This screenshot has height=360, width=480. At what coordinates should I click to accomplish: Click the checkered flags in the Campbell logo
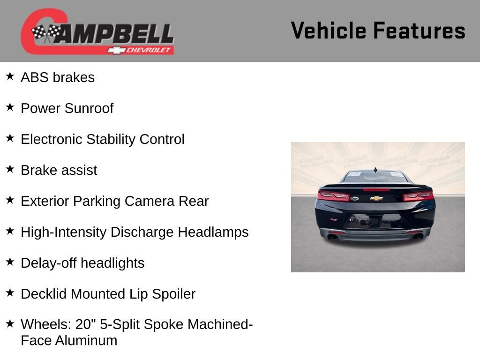click(46, 33)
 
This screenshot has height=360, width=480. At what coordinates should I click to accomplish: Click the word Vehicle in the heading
click(329, 30)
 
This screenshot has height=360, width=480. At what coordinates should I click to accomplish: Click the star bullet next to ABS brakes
click(10, 76)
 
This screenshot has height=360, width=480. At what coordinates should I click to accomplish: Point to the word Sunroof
click(89, 108)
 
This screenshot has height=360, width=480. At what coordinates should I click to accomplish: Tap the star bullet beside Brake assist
click(10, 169)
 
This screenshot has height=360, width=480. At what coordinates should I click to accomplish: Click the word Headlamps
click(214, 232)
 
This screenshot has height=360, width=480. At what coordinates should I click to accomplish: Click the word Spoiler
click(174, 294)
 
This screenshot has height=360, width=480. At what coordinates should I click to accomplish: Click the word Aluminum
click(86, 340)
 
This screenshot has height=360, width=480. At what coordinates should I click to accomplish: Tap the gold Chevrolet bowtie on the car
click(376, 198)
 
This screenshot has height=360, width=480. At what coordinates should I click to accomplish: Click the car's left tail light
click(334, 196)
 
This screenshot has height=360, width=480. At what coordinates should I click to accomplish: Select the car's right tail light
click(418, 196)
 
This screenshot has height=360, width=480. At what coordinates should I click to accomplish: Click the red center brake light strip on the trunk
click(376, 190)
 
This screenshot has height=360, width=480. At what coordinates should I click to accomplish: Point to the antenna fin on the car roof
click(375, 169)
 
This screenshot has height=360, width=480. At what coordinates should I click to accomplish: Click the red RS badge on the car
click(333, 219)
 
